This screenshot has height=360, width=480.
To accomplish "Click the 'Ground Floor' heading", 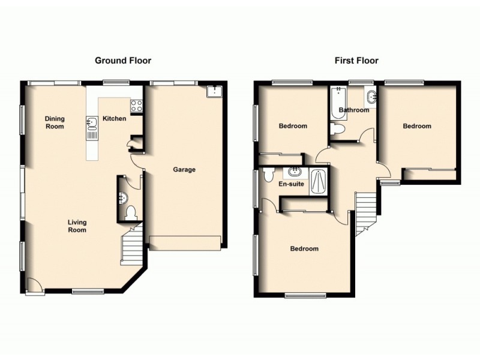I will coord(123,61).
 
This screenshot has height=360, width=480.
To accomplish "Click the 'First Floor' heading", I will coord(356,61).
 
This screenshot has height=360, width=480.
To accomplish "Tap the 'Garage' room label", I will coord(184,170).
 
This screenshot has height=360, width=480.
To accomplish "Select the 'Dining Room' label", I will coord(55,122).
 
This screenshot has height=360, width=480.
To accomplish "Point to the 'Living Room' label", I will coord(77,226).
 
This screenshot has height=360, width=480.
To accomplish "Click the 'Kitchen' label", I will coord(114,119).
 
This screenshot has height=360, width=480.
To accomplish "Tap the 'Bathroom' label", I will coord(353,110).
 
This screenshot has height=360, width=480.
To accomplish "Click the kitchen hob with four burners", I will coord(136,106).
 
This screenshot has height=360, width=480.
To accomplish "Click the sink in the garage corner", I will coord(214,91).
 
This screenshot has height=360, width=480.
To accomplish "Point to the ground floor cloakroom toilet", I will coord(131,212).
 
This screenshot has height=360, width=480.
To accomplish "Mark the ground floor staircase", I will coord(131,246).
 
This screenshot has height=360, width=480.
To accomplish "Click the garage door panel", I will coord(185,243).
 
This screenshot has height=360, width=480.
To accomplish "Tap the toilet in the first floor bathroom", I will coord(337,129).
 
